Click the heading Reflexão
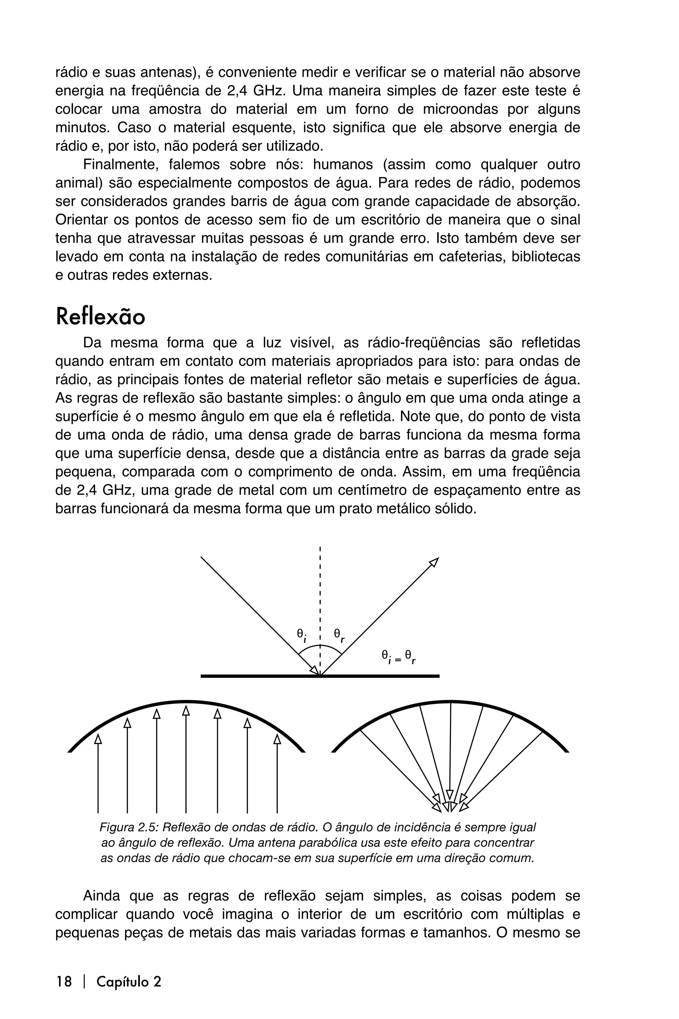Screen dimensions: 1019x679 (100, 317)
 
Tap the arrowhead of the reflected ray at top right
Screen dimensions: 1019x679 (434, 562)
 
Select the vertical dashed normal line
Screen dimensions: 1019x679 (320, 598)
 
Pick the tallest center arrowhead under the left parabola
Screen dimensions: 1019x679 (186, 711)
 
